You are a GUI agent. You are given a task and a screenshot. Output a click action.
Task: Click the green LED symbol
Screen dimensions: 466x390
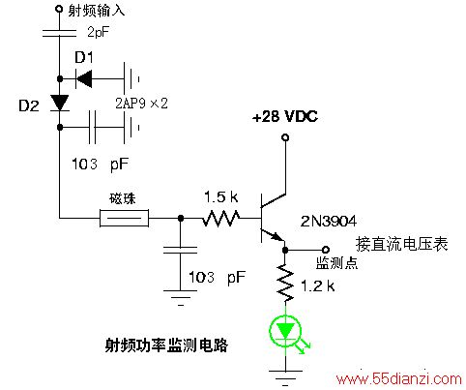tap(285, 332)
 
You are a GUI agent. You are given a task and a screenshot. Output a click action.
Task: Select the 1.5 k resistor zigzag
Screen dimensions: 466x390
tap(221, 219)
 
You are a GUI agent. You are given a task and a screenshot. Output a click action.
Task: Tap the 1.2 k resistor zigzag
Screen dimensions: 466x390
tap(285, 283)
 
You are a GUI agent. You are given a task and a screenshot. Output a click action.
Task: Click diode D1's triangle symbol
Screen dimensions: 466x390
tap(84, 78)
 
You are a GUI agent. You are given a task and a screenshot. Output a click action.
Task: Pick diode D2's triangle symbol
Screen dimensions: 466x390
tap(60, 103)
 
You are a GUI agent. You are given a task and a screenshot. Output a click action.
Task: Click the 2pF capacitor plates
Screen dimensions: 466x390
tap(60, 33)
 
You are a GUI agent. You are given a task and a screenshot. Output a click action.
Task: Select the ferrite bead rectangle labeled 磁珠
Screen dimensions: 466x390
tap(124, 218)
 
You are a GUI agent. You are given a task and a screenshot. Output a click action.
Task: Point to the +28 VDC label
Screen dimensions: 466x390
tap(285, 117)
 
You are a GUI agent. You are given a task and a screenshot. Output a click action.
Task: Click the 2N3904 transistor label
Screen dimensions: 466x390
tap(329, 222)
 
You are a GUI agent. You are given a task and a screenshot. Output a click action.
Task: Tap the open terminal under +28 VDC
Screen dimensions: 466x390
tap(285, 137)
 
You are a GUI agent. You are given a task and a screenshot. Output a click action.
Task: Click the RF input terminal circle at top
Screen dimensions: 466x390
tap(59, 9)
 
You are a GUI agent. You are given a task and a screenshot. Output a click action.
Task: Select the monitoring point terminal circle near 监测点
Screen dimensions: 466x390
tap(326, 250)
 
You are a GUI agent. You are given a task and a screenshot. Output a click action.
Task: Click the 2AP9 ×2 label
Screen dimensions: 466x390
tap(142, 104)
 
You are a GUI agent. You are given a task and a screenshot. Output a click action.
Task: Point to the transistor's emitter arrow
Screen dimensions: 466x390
tap(277, 236)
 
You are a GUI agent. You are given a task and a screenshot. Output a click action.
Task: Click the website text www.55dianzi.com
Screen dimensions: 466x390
tap(399, 379)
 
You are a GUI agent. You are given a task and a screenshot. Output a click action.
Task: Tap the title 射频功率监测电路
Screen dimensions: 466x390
tap(166, 345)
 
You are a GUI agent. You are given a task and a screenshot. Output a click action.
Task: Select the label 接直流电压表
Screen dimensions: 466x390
tap(402, 244)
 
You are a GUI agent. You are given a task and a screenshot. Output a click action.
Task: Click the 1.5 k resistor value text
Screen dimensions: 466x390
tap(221, 197)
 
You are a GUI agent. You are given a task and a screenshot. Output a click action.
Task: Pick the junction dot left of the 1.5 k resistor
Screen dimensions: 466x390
tap(181, 219)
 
